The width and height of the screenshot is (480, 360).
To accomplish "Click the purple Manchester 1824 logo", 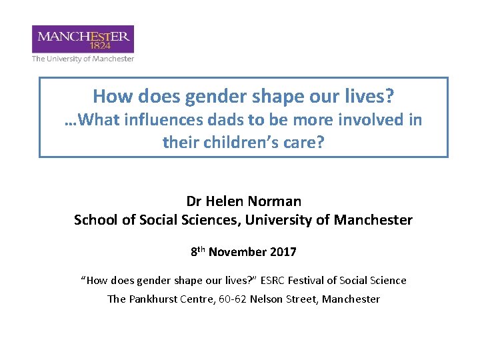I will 83,39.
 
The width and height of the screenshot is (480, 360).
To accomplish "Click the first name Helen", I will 227,201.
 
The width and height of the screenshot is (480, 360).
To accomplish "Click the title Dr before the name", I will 194,201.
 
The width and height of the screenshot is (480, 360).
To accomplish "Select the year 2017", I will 283,252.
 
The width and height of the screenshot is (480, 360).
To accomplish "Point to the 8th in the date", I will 197,251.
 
